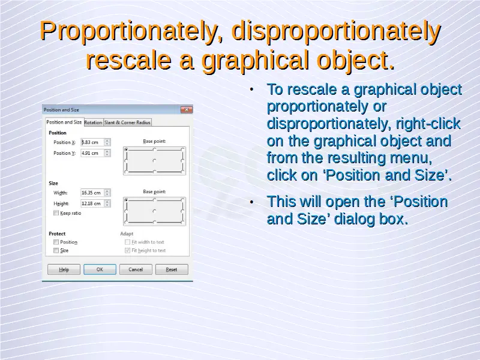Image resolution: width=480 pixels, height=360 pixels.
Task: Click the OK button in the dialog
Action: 100,269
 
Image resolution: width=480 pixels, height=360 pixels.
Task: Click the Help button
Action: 64,269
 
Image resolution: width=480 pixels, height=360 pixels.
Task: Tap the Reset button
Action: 172,269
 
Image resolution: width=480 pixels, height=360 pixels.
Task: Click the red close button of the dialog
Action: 187,110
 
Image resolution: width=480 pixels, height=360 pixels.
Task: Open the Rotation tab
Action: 93,122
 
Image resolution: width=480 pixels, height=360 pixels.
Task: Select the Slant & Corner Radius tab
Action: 127,122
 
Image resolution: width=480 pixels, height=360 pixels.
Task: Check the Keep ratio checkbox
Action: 56,213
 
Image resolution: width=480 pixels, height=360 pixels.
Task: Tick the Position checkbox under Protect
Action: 56,242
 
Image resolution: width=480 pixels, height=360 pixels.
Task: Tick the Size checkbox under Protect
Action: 56,250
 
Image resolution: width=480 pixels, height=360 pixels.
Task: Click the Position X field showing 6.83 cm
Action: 92,142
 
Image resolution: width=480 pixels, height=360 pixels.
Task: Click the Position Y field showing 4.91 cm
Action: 92,153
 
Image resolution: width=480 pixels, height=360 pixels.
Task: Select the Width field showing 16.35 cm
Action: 92,193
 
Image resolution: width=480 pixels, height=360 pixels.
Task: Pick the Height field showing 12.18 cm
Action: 92,203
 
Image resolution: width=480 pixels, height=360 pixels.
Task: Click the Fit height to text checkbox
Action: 127,250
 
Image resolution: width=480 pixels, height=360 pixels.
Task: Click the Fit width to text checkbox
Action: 127,242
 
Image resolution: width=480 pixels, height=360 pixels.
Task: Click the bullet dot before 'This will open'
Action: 251,202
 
